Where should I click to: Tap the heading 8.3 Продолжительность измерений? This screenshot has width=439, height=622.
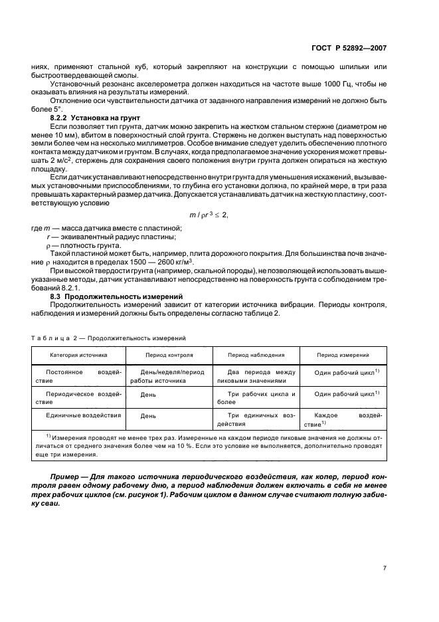[x=108, y=296]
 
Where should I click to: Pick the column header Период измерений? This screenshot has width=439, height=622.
[x=343, y=356]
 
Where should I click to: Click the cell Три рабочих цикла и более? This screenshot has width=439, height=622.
[x=256, y=398]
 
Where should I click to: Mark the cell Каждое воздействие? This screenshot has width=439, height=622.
[x=343, y=419]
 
